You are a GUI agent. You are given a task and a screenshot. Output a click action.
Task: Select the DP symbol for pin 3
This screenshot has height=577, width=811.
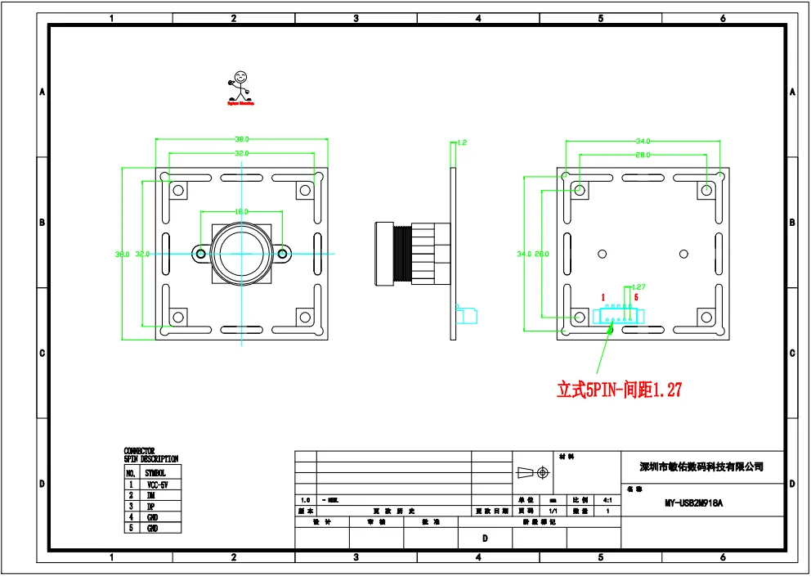(x=151, y=507)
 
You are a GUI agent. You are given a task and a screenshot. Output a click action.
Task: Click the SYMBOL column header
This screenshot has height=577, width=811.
(x=155, y=473)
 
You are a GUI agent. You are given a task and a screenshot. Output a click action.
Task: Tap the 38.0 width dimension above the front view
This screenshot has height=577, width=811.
(x=242, y=140)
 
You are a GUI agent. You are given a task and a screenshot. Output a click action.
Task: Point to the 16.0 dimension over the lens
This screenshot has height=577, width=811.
(x=242, y=211)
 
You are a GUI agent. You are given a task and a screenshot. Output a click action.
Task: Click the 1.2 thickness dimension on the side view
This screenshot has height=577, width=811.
(x=462, y=142)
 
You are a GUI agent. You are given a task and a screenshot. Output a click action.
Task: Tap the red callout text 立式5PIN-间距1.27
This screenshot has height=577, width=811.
(x=619, y=390)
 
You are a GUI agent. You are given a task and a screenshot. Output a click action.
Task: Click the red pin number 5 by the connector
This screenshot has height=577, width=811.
(x=636, y=297)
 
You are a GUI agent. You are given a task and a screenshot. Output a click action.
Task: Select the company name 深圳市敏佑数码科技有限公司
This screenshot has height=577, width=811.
(x=701, y=467)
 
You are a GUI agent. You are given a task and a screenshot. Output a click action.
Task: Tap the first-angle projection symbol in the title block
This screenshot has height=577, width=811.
(x=531, y=473)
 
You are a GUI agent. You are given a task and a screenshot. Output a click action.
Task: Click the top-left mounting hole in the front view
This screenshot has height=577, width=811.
(x=177, y=190)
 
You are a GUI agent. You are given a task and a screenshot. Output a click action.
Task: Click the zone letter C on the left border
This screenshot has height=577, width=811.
(x=42, y=354)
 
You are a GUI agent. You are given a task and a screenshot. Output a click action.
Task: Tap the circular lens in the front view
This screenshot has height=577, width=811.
(x=242, y=253)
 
